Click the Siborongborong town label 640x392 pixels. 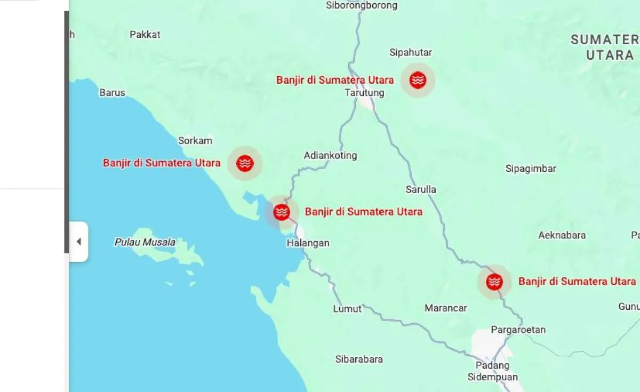[x=362, y=5]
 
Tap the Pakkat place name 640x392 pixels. [x=145, y=35]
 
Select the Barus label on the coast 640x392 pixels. [x=112, y=93]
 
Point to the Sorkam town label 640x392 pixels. [x=195, y=141]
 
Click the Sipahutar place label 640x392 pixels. [x=411, y=52]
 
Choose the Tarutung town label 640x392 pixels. [x=364, y=93]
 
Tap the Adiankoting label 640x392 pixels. [x=330, y=156]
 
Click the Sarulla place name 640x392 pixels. [x=421, y=189]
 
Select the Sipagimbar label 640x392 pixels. [x=531, y=169]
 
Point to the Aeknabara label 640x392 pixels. [x=562, y=235]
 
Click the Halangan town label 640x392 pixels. [x=308, y=243]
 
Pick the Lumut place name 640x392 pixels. [x=347, y=309]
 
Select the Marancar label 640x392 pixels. [x=446, y=308]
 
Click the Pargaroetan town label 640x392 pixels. [x=518, y=330]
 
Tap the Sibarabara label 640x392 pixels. [x=359, y=359]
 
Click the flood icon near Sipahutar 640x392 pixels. [x=418, y=80]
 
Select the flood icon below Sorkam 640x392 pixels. [x=245, y=163]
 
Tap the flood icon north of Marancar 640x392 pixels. [x=494, y=282]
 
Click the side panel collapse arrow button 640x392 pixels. [x=79, y=242]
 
